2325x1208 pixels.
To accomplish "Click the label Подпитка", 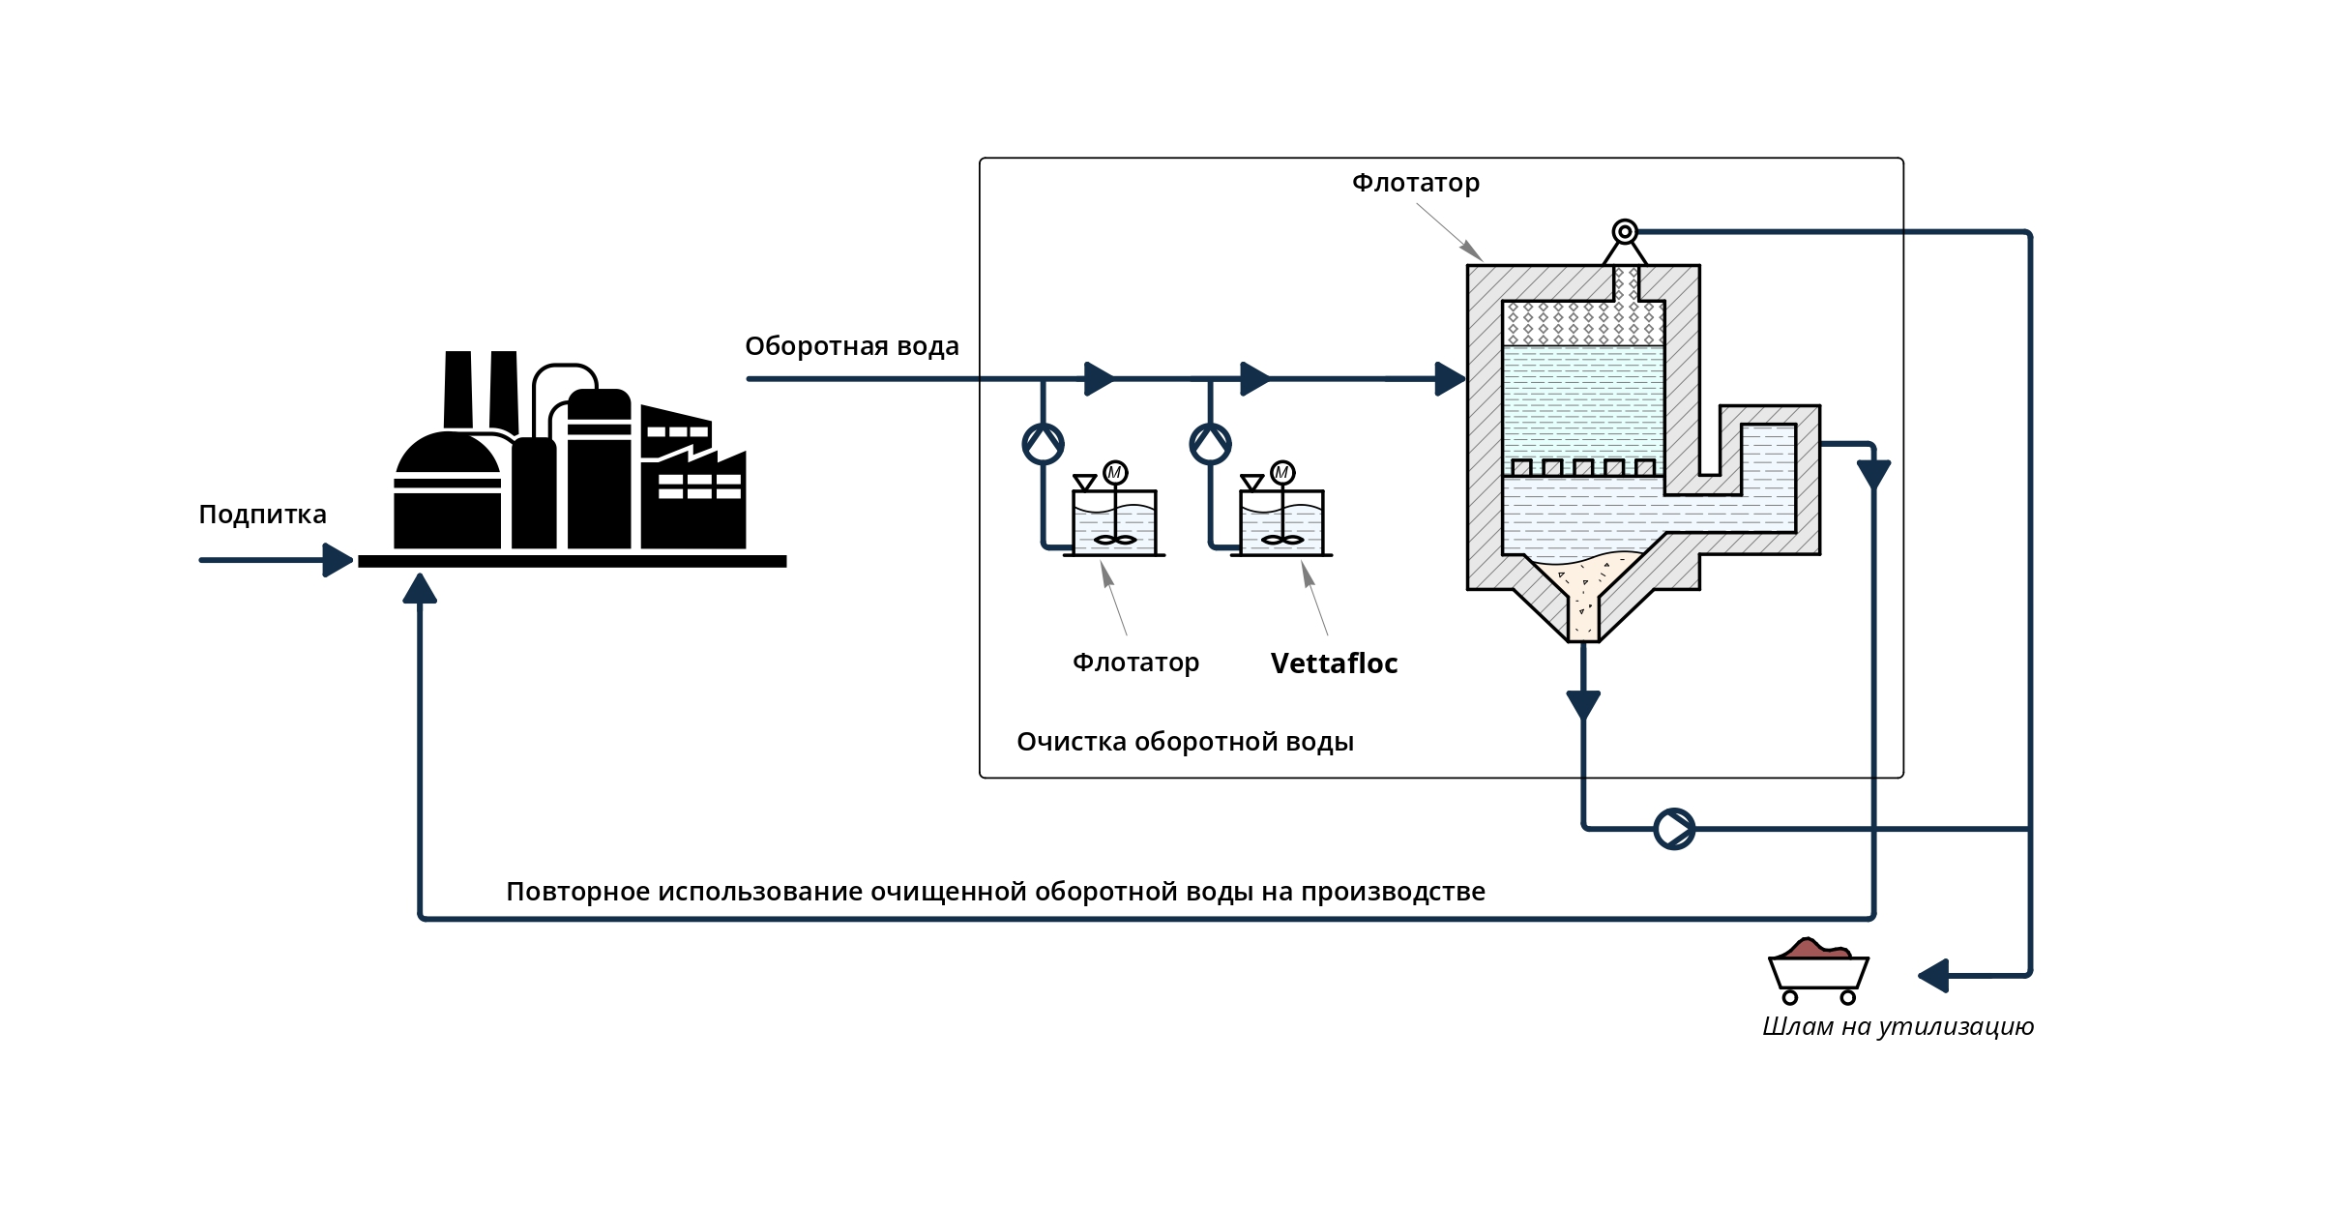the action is [x=262, y=515].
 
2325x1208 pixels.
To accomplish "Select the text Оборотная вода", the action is [x=852, y=346].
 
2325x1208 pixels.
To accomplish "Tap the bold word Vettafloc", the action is [x=1334, y=663].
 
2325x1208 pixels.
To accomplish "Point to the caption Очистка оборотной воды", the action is [x=1185, y=742].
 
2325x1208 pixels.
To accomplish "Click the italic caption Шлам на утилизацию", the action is [x=1898, y=1026].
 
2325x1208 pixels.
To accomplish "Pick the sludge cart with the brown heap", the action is [x=1818, y=971].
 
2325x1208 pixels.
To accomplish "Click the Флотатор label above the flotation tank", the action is [x=1416, y=183].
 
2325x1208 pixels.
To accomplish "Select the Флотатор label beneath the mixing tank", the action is [x=1135, y=663].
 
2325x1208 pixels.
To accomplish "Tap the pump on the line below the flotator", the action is [x=1674, y=829].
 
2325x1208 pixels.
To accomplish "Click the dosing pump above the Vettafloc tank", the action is [x=1210, y=444].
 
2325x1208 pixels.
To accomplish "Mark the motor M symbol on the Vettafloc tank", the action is [x=1282, y=473].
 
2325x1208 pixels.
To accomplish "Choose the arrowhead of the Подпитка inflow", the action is [x=338, y=560].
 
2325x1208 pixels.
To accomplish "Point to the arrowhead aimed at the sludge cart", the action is [x=1933, y=976].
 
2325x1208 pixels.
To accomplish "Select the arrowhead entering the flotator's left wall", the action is [x=1451, y=379].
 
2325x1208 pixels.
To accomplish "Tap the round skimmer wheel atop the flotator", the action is [x=1625, y=232].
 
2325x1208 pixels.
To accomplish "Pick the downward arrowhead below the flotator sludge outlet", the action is [x=1583, y=706].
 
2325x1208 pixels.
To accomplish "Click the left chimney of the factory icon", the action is [x=458, y=390].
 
